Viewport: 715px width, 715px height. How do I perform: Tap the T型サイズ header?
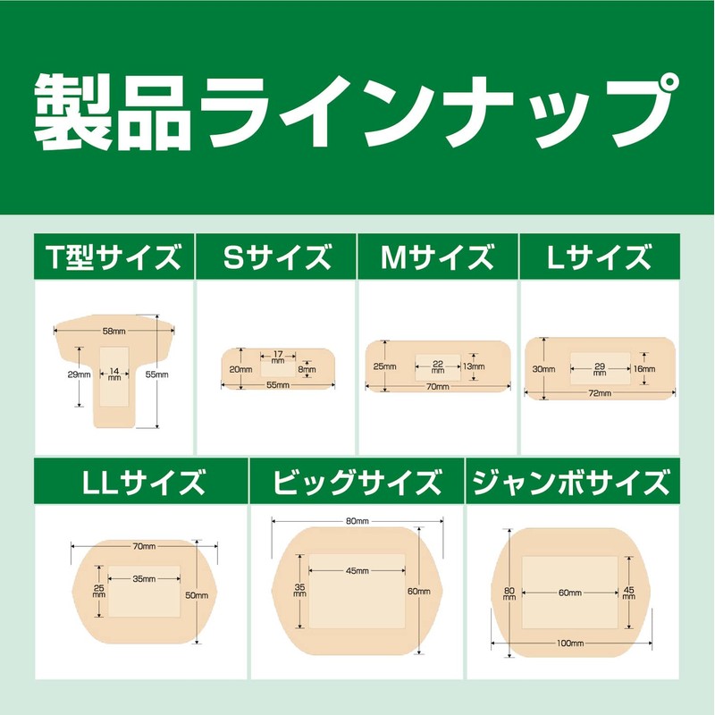pos(114,259)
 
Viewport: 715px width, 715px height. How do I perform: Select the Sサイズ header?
pos(275,259)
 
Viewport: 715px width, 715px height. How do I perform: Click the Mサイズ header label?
pos(437,259)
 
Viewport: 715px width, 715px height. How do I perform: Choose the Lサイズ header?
pos(599,259)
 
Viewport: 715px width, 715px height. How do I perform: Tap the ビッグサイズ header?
pos(357,484)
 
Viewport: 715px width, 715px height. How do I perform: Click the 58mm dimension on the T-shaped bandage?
pos(113,332)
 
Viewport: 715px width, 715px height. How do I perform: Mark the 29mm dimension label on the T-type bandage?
pos(79,375)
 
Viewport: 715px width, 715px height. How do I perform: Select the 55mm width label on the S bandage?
pos(277,385)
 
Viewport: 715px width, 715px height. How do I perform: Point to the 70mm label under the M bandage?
pos(437,387)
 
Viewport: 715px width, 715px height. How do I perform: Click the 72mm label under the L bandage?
pos(600,392)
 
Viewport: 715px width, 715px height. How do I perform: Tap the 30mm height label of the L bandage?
pos(538,368)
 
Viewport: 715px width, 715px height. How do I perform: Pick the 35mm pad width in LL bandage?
pos(143,578)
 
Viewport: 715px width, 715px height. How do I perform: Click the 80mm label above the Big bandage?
pos(357,520)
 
